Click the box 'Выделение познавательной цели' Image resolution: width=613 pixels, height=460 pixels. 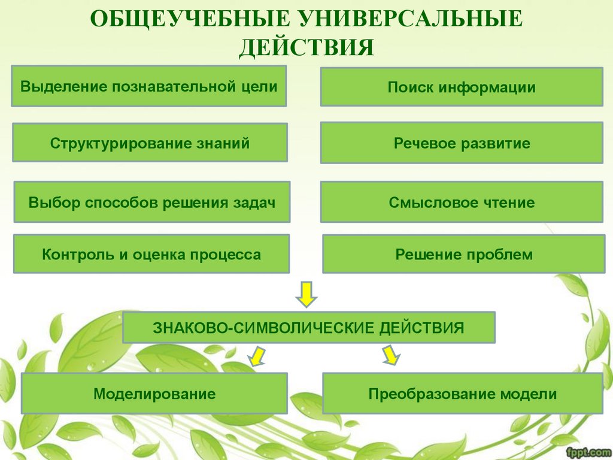click(148, 86)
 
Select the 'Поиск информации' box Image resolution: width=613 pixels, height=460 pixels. click(462, 87)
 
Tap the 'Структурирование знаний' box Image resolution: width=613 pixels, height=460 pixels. click(150, 143)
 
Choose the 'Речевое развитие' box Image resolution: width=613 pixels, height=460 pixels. click(462, 143)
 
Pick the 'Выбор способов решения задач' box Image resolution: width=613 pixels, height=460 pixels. click(151, 202)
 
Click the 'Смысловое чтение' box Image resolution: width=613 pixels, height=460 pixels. click(462, 202)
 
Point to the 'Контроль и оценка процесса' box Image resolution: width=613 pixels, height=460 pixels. click(151, 255)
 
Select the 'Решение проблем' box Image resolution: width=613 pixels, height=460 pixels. click(463, 255)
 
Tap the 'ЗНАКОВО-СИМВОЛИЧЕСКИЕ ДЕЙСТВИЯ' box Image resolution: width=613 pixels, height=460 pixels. click(308, 328)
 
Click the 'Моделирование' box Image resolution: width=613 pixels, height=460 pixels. click(154, 394)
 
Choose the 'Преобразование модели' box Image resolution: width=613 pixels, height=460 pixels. click(462, 394)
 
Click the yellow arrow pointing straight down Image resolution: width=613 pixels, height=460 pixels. click(306, 293)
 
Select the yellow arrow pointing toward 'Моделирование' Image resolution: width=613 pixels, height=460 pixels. click(257, 356)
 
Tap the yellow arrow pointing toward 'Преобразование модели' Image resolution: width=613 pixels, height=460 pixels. click(390, 355)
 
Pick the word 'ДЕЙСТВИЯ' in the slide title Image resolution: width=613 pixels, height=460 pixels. click(306, 47)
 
